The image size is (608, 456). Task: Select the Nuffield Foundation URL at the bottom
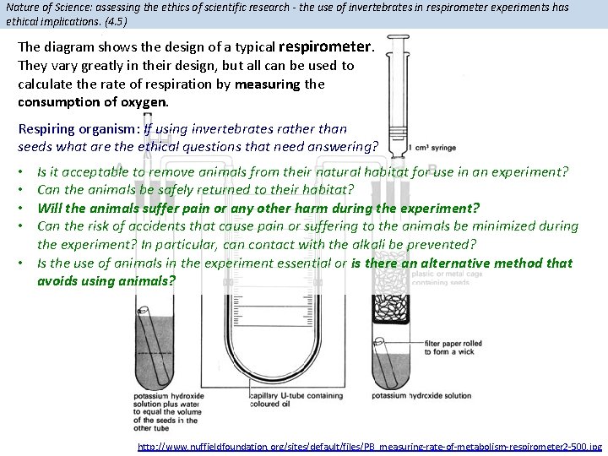(x=370, y=446)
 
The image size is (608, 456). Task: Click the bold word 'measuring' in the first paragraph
(x=268, y=84)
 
